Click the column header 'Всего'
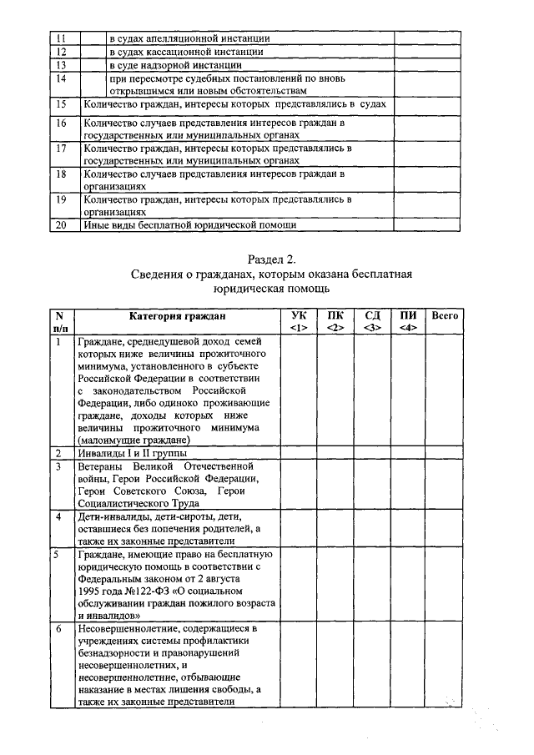point(444,316)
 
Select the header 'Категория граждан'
point(177,316)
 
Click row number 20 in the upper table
point(60,224)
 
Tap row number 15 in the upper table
point(60,104)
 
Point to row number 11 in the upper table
point(60,38)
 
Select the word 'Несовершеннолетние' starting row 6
point(137,627)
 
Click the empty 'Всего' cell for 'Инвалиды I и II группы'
point(444,453)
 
